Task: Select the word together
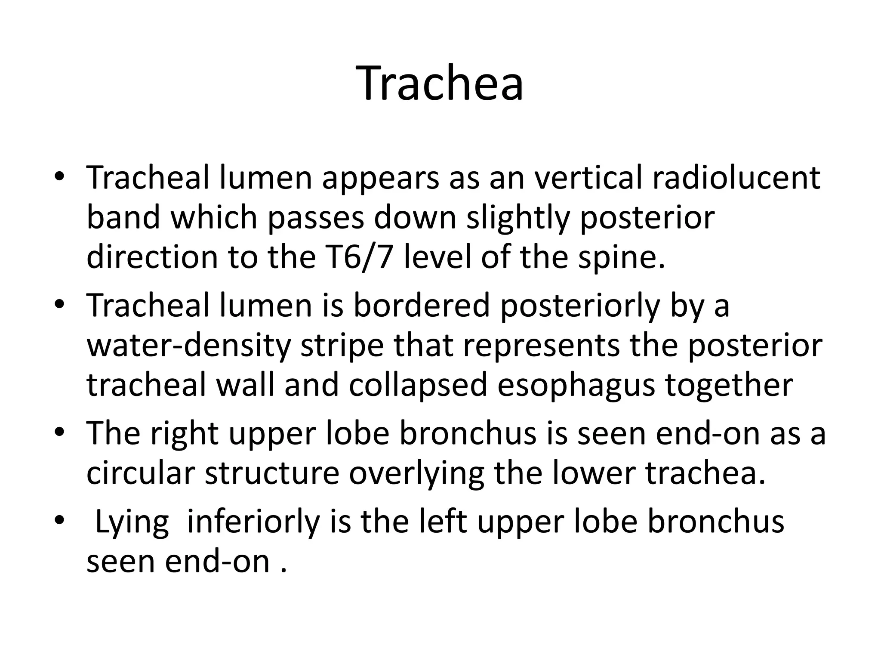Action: tap(729, 385)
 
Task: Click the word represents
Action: tap(541, 346)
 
